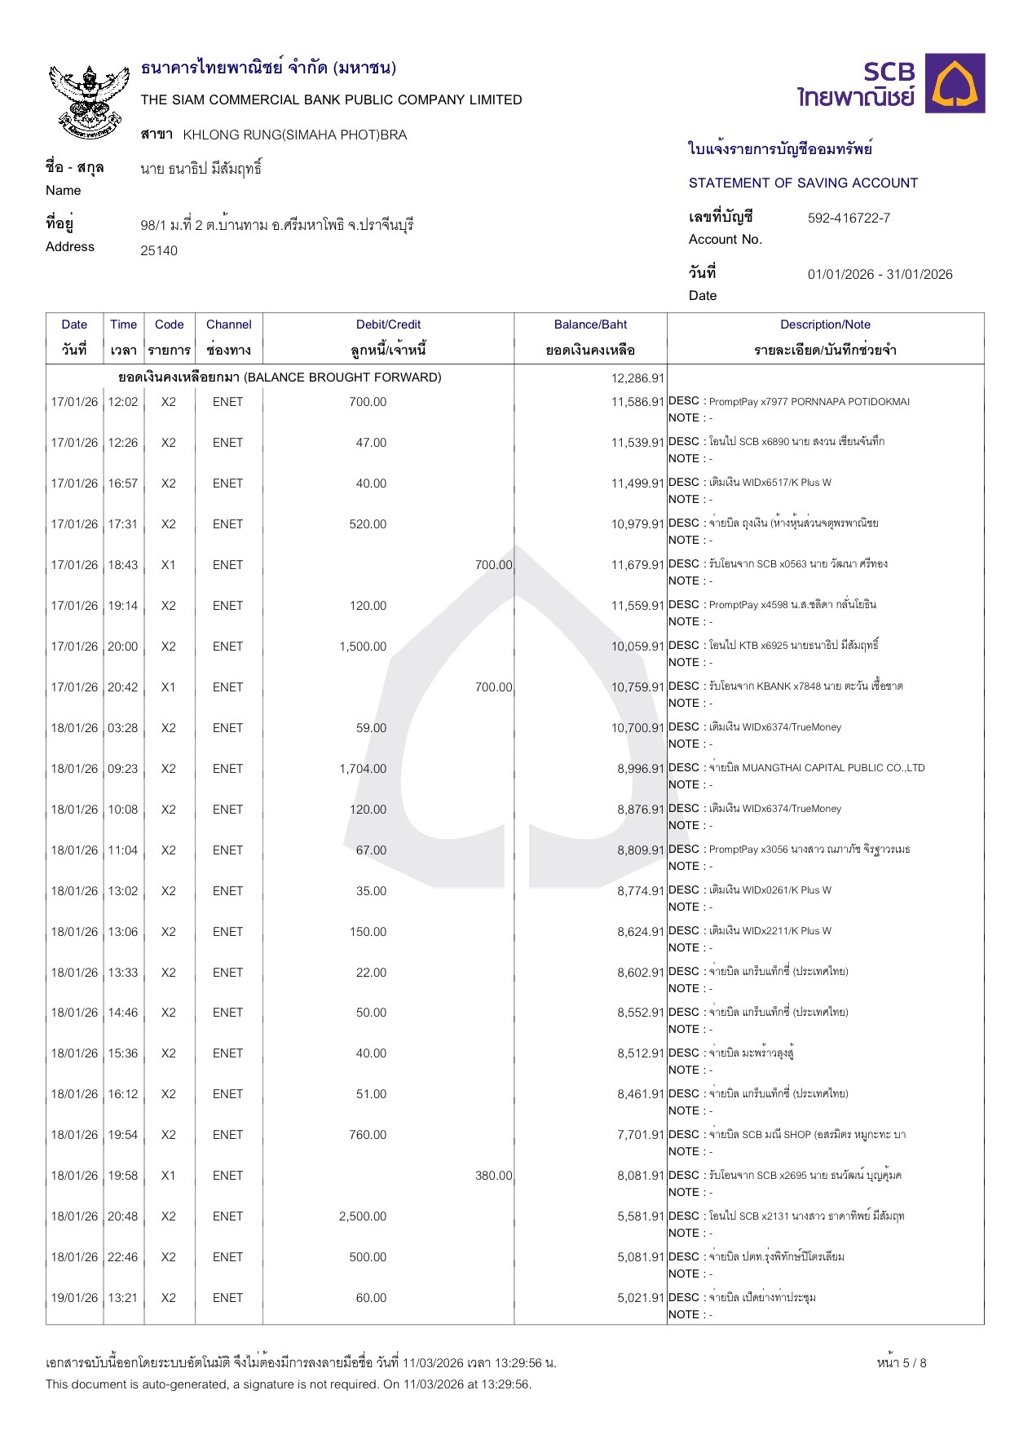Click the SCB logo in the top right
[891, 83]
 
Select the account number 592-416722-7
[849, 218]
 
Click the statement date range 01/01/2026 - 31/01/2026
[880, 274]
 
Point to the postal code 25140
[159, 250]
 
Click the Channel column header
[228, 324]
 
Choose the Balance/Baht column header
[590, 324]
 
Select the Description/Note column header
[825, 324]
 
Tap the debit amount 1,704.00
[363, 769]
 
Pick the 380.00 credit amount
[493, 1176]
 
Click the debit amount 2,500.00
[363, 1216]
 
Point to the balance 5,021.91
[641, 1298]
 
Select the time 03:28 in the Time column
[123, 728]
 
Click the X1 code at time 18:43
[168, 565]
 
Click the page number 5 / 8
[902, 1363]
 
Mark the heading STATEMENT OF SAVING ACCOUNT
[803, 183]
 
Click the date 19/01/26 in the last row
[74, 1298]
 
